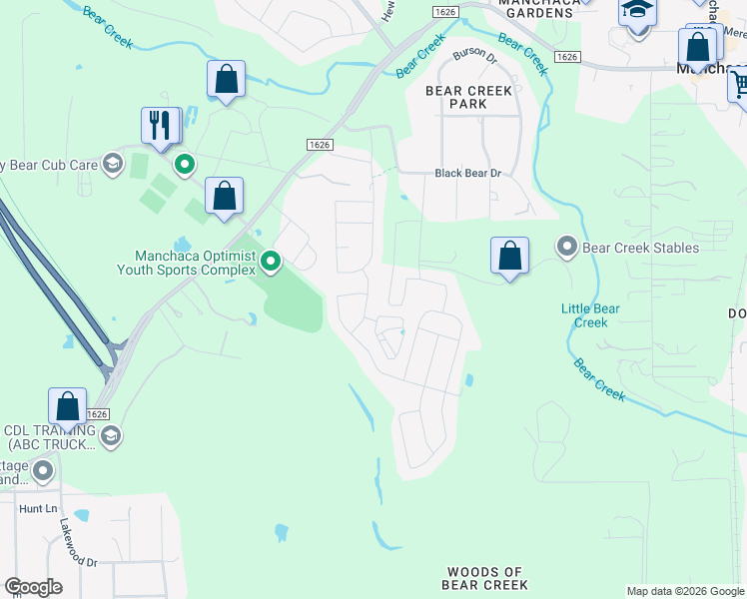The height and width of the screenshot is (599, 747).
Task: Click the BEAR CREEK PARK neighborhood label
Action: (468, 97)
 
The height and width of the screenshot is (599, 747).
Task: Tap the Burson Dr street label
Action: (474, 60)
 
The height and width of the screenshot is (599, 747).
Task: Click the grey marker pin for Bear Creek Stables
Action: (567, 246)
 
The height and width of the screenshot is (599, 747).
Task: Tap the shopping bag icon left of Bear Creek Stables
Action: (509, 256)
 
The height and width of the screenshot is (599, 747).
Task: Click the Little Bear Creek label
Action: (590, 315)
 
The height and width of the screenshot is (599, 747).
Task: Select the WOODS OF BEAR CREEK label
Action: (484, 578)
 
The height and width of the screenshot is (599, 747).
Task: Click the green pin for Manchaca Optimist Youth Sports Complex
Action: (271, 262)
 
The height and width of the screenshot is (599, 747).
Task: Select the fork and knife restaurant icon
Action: (160, 125)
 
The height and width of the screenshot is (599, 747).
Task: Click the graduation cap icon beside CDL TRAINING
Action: (110, 435)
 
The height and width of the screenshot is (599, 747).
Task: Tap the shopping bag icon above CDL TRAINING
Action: (68, 407)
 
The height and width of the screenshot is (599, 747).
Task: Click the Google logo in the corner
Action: (33, 587)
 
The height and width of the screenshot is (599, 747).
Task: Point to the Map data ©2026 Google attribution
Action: (684, 591)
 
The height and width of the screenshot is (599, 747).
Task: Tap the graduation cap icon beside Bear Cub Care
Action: (113, 165)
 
